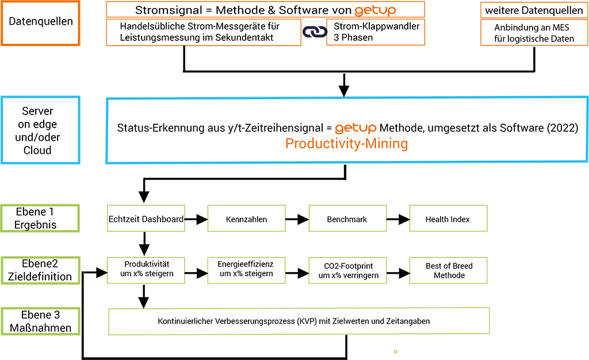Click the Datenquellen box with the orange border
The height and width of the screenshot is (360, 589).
tap(41, 23)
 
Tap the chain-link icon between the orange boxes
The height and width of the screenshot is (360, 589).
tap(315, 32)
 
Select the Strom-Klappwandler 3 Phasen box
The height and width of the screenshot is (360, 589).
tap(376, 32)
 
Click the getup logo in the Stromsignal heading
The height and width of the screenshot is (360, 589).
tap(375, 10)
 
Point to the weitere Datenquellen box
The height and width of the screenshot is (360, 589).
tap(534, 10)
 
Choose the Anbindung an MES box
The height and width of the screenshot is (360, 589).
tap(534, 33)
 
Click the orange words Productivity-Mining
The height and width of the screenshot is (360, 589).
tap(346, 144)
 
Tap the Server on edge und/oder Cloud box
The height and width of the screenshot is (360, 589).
tap(41, 131)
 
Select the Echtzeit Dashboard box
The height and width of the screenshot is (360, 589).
tap(146, 218)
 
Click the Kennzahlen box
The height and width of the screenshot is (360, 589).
tap(246, 218)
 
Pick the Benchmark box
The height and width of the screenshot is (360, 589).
tap(347, 218)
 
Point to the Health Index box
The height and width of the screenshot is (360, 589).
tap(449, 218)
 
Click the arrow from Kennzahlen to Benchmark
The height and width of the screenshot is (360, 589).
tap(297, 219)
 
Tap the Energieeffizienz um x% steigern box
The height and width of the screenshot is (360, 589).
tap(246, 270)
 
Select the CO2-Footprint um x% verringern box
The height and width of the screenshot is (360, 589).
tap(347, 270)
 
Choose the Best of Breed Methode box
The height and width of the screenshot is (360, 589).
tap(449, 270)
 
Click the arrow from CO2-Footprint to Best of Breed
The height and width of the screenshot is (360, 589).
tap(398, 273)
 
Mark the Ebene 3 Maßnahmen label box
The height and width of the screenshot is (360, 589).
tap(41, 321)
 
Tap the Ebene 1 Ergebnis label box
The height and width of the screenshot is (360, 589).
tap(40, 218)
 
